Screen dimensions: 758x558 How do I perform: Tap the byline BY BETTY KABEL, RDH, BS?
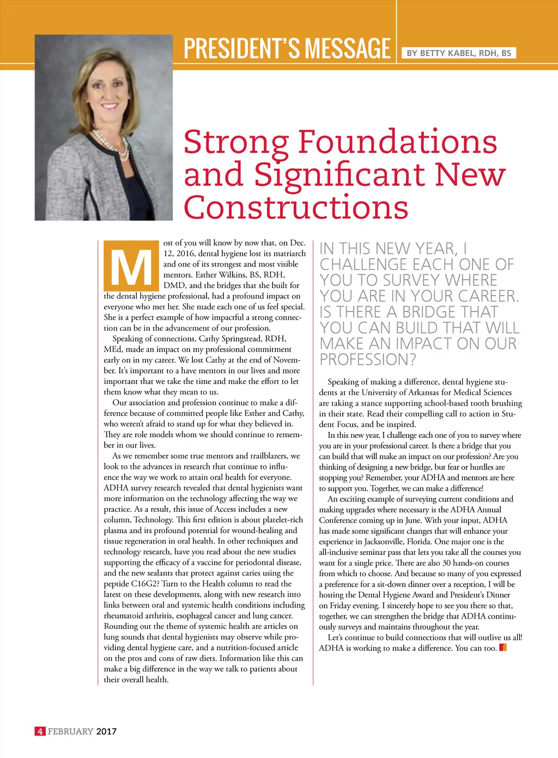click(x=459, y=53)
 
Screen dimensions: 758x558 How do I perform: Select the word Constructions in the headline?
click(x=296, y=207)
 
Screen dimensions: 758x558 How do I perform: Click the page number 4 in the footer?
click(x=40, y=731)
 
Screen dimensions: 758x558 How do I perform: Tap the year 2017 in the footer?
click(x=106, y=731)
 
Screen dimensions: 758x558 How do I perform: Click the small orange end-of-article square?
click(x=503, y=647)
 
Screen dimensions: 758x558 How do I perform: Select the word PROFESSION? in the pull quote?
click(x=368, y=359)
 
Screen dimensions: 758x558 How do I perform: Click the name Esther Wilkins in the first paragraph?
click(x=221, y=274)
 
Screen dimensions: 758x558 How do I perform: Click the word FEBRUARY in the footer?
click(x=70, y=731)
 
